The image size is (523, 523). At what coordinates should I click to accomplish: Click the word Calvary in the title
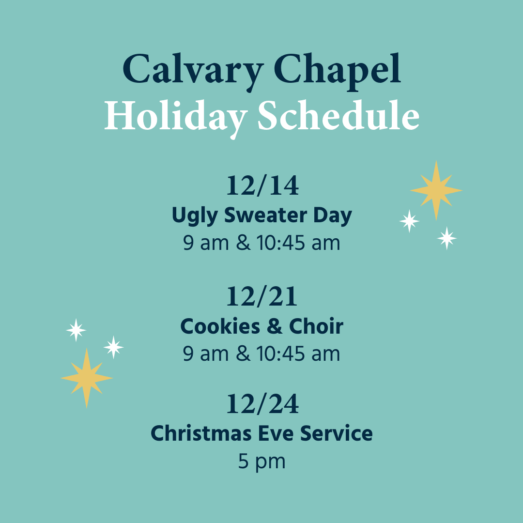[x=193, y=71]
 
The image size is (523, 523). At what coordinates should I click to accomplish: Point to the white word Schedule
[x=338, y=115]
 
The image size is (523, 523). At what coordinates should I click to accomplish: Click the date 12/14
[x=262, y=185]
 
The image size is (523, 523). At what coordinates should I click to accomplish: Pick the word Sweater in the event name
[x=265, y=215]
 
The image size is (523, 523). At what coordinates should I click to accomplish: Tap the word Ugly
[x=195, y=216]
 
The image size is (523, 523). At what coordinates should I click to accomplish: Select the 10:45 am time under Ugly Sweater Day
[x=298, y=243]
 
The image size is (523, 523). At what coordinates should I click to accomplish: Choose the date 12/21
[x=261, y=296]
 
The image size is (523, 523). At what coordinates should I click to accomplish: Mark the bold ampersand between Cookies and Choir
[x=275, y=326]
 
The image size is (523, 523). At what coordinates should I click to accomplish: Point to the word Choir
[x=316, y=326]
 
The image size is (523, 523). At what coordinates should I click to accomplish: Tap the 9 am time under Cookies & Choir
[x=206, y=354]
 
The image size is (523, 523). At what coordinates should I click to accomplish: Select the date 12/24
[x=262, y=404]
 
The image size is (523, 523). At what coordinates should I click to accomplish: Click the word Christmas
[x=201, y=433]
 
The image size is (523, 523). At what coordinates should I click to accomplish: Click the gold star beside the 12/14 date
[x=436, y=190]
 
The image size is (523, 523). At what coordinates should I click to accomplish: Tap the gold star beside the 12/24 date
[x=87, y=378]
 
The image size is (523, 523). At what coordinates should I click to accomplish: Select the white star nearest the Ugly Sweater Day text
[x=409, y=221]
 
